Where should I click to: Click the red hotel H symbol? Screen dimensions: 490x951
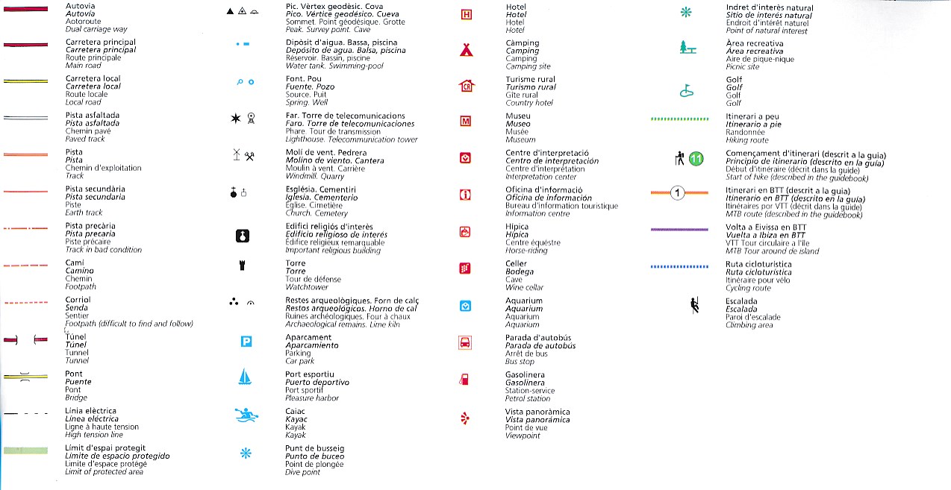click(x=467, y=14)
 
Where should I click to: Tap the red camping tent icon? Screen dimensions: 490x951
click(x=467, y=50)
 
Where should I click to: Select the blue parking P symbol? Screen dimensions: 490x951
click(x=246, y=342)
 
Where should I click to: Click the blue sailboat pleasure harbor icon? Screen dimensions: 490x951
click(x=244, y=377)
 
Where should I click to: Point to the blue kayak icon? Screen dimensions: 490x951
click(x=246, y=415)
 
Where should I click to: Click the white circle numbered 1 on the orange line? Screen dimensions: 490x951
click(x=678, y=194)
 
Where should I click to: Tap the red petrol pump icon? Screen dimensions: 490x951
click(x=464, y=379)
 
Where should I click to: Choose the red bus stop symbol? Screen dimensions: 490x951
click(x=466, y=342)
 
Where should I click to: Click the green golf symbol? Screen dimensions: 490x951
click(x=687, y=91)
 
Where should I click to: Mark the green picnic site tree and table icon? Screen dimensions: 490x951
click(x=687, y=48)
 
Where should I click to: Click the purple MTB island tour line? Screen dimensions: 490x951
click(x=679, y=230)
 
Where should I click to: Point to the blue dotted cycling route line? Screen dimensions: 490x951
click(x=679, y=266)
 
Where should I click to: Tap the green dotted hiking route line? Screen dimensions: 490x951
click(x=679, y=119)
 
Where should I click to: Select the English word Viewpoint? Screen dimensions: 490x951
click(x=522, y=436)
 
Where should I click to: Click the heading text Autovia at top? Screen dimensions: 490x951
click(x=80, y=6)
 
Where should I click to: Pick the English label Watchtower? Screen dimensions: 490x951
click(x=307, y=286)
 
